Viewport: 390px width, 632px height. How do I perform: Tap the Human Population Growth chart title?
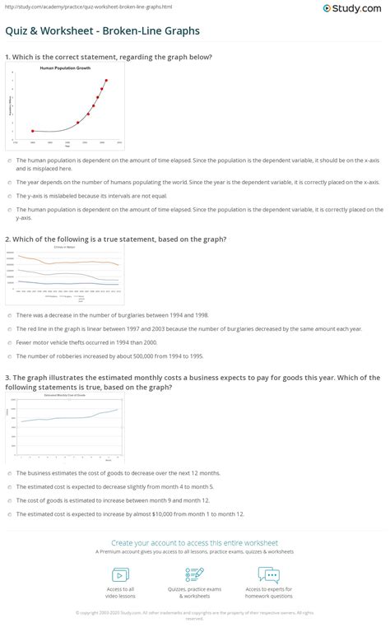coord(64,68)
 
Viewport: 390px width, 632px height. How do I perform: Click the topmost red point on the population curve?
coord(106,81)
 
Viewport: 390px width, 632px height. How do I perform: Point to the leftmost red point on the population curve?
coord(32,131)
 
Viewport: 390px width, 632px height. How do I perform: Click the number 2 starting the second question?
coord(7,239)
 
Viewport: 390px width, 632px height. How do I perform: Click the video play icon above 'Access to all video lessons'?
coord(121,575)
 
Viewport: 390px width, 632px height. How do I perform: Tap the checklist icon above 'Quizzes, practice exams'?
coord(195,575)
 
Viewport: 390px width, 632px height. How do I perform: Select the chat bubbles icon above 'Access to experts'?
coord(268,575)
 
